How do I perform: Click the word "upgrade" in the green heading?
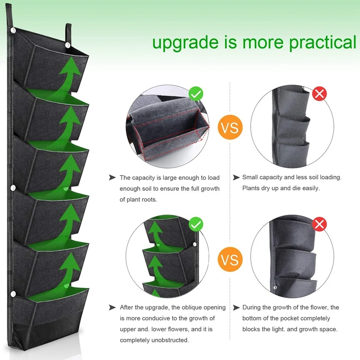(x=185, y=43)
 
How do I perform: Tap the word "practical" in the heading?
(x=323, y=42)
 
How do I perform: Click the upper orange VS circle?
(x=230, y=127)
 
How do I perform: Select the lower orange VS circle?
(x=230, y=259)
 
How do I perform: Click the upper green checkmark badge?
(x=196, y=94)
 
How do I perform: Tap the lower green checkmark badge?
(x=196, y=224)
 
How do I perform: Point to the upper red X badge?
(x=319, y=94)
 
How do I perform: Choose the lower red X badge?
(x=319, y=224)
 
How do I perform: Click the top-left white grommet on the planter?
(x=13, y=30)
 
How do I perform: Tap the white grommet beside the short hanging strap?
(x=68, y=45)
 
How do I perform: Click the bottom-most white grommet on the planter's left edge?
(x=13, y=294)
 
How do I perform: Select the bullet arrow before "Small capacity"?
(x=236, y=177)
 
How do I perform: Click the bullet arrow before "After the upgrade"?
(x=112, y=307)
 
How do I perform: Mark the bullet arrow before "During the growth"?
(x=236, y=307)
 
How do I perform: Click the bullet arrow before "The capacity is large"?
(x=112, y=177)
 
